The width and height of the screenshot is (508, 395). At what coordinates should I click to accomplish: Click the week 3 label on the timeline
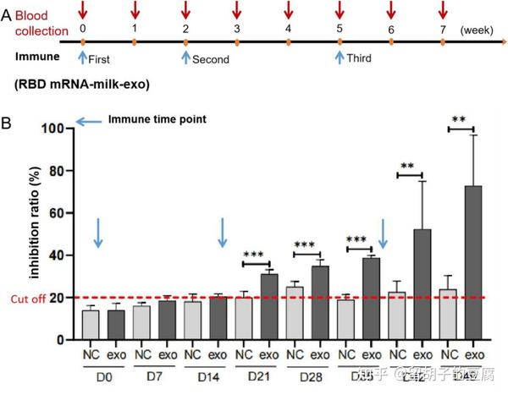coord(237,29)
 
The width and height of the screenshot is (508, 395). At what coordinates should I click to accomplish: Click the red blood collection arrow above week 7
coord(443,10)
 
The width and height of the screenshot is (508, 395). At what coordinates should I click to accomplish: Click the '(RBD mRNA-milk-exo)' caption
coord(73,85)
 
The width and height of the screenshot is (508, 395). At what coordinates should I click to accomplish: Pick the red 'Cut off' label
coord(28,299)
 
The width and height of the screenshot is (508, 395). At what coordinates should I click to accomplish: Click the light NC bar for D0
coord(90,325)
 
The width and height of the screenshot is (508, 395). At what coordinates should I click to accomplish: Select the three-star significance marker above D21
coord(254,255)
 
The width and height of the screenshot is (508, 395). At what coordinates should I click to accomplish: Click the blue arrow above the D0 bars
coord(98,233)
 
